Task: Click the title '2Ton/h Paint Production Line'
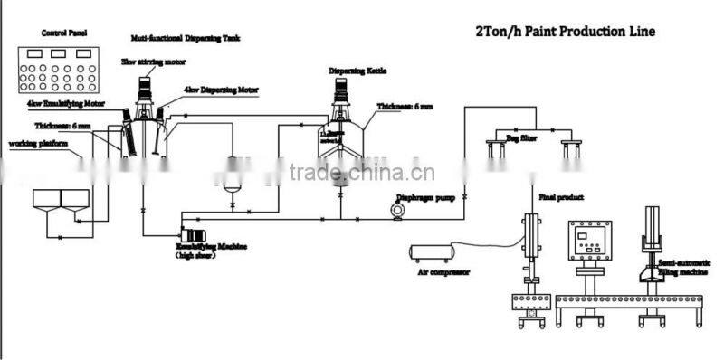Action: pyautogui.click(x=565, y=32)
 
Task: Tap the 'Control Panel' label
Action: pyautogui.click(x=62, y=33)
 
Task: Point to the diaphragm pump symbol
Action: pyautogui.click(x=396, y=210)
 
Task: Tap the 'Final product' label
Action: pyautogui.click(x=559, y=196)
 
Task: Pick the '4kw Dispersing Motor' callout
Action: pyautogui.click(x=221, y=90)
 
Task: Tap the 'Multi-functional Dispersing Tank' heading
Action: pyautogui.click(x=173, y=40)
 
